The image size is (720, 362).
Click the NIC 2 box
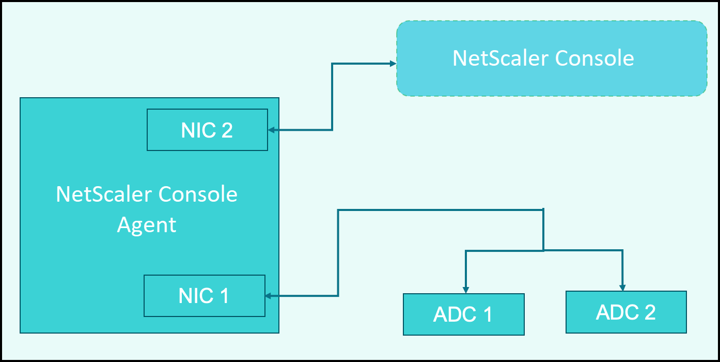[207, 130]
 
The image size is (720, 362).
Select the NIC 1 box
[205, 296]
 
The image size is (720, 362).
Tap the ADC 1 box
[464, 314]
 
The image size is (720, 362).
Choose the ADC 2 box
[626, 312]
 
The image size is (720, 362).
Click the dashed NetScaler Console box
[552, 58]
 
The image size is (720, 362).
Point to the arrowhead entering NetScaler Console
[393, 64]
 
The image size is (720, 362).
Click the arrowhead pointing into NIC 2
[271, 130]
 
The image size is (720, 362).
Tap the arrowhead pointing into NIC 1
[269, 296]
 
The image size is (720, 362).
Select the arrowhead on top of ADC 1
[466, 290]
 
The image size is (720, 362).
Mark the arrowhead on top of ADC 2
[622, 288]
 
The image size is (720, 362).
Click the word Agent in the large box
[147, 225]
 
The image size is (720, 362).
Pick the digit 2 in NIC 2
[227, 130]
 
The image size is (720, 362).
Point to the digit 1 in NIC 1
[224, 296]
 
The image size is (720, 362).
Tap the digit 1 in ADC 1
[488, 314]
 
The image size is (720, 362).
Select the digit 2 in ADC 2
[650, 312]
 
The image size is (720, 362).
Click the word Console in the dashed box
[594, 58]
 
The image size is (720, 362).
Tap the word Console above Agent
[198, 194]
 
